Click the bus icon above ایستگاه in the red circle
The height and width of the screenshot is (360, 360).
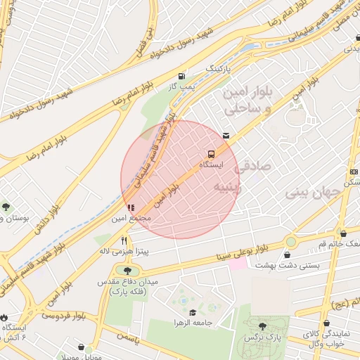tap(211, 153)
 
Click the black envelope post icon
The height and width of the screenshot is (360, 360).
tap(226, 135)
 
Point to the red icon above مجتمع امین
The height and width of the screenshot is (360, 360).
tap(130, 207)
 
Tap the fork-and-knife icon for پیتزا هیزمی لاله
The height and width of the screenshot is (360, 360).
tap(124, 240)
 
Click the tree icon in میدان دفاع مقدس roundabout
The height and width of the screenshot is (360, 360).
tap(127, 271)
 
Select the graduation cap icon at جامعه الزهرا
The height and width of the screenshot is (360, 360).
tap(193, 311)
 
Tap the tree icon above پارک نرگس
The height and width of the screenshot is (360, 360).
tap(263, 326)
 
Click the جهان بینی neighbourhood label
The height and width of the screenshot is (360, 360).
tap(314, 191)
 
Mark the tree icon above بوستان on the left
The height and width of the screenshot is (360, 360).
tap(6, 207)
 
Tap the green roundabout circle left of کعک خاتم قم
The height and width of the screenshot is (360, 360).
tap(290, 243)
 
